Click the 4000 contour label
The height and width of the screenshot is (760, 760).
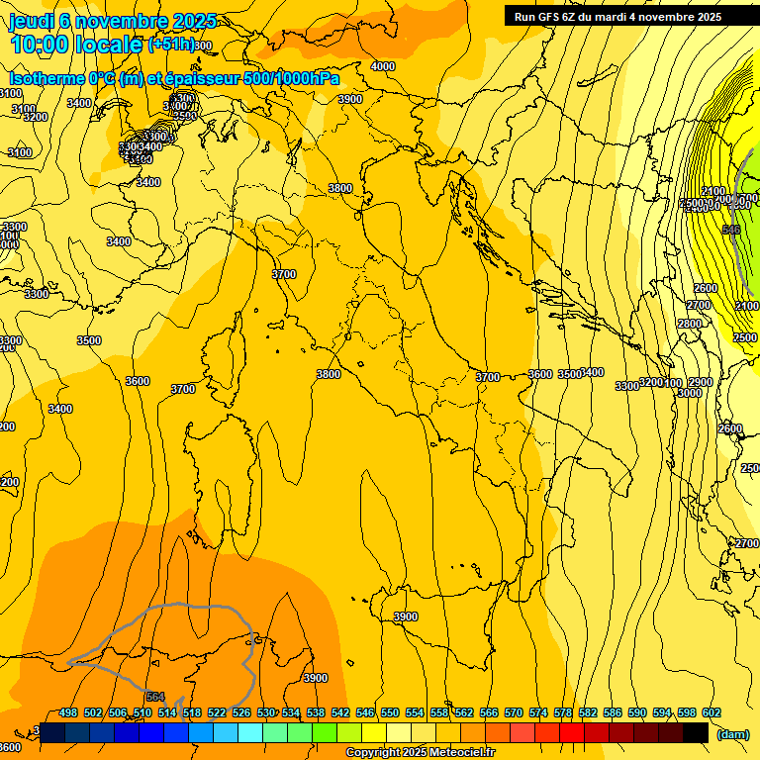382,66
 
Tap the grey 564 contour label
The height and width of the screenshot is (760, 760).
155,696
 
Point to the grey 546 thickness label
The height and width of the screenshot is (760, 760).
731,230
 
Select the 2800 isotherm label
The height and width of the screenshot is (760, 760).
690,324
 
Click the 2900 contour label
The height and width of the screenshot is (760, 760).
700,382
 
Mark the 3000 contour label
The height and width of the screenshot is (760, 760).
690,393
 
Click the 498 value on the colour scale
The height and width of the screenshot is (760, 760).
68,712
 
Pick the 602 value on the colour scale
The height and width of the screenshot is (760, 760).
712,712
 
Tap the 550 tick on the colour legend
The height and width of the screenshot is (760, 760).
390,712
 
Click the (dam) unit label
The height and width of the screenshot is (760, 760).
732,733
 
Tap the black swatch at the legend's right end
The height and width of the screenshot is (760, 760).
696,732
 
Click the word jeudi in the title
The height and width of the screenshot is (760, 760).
34,21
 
